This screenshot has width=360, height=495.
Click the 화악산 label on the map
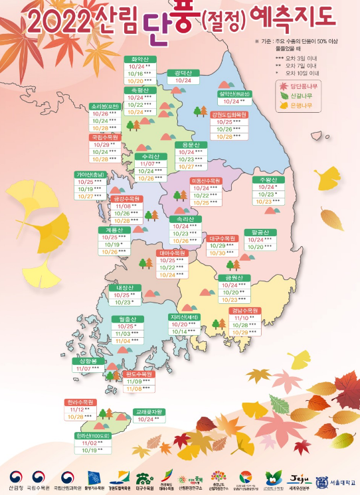pyautogui.click(x=139, y=59)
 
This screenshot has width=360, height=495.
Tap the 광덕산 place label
pyautogui.click(x=183, y=72)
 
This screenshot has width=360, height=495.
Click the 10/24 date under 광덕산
pyautogui.click(x=183, y=80)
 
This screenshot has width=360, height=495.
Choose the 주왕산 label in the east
pyautogui.click(x=264, y=179)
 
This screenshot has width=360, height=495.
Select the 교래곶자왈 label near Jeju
pyautogui.click(x=149, y=411)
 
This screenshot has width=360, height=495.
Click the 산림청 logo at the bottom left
pyautogui.click(x=16, y=481)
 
